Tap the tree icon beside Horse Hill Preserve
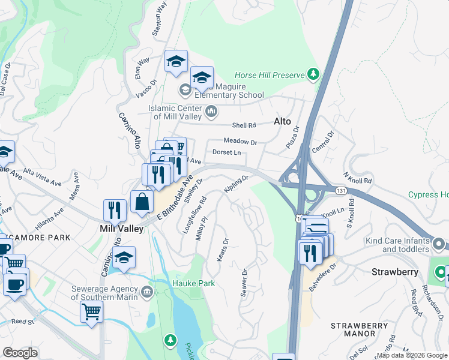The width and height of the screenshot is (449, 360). [313, 74]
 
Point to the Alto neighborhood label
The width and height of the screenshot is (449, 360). [282, 121]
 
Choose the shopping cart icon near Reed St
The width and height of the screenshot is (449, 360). [91, 311]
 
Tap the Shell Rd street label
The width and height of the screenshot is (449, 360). [244, 125]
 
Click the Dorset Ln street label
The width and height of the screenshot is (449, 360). [226, 153]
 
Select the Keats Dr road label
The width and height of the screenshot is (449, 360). [221, 249]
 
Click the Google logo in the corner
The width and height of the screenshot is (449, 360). [20, 352]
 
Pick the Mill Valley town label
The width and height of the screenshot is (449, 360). [121, 229]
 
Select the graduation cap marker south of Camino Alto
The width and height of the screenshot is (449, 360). [124, 257]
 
